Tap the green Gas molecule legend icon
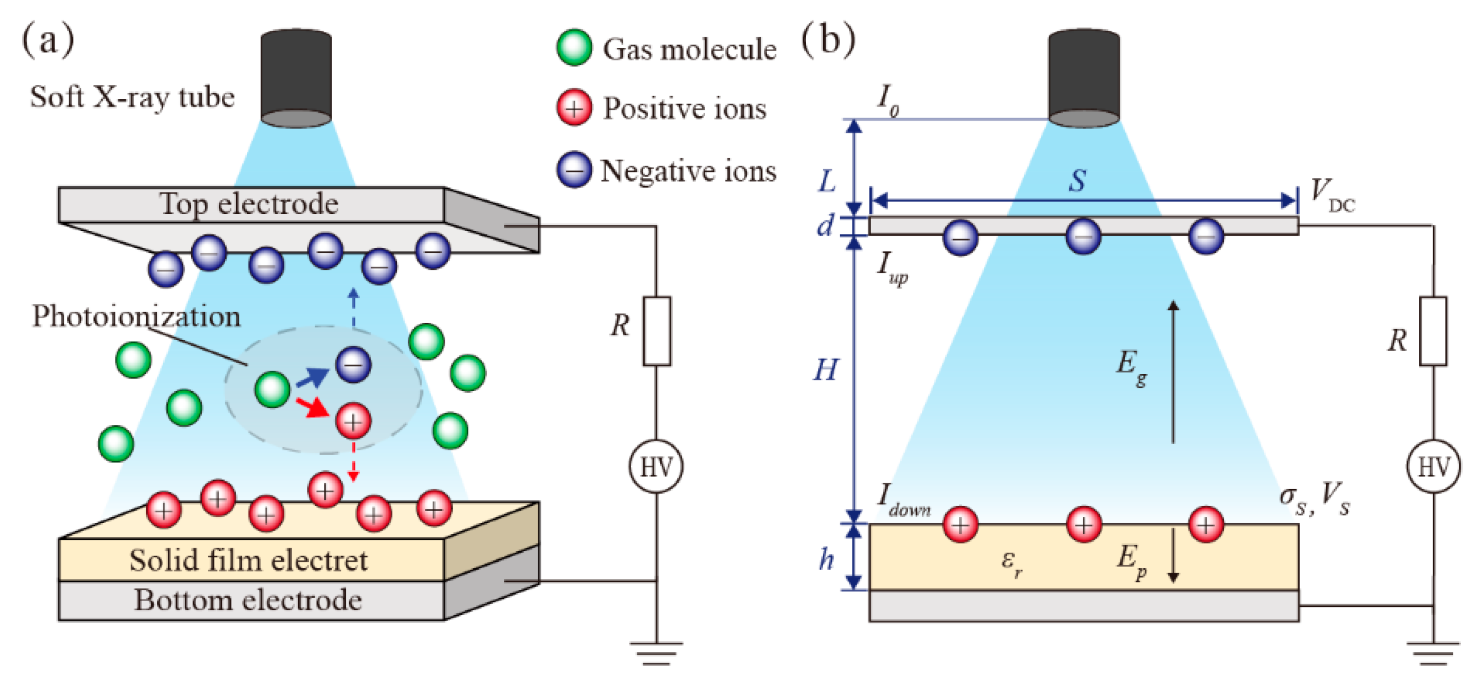click(x=573, y=47)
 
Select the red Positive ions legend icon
click(x=573, y=107)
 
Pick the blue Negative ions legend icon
click(x=573, y=170)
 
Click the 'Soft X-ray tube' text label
click(x=132, y=97)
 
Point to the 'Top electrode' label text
click(x=249, y=204)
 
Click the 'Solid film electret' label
click(x=249, y=560)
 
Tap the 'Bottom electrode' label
click(x=249, y=600)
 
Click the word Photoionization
click(x=136, y=316)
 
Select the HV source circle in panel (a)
click(x=656, y=467)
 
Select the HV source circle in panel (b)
click(x=1433, y=467)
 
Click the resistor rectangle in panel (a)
click(x=656, y=331)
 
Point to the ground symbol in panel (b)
click(x=1433, y=653)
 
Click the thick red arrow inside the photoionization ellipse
click(x=312, y=407)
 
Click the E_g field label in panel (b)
click(x=1131, y=367)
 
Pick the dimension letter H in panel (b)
click(x=826, y=370)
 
